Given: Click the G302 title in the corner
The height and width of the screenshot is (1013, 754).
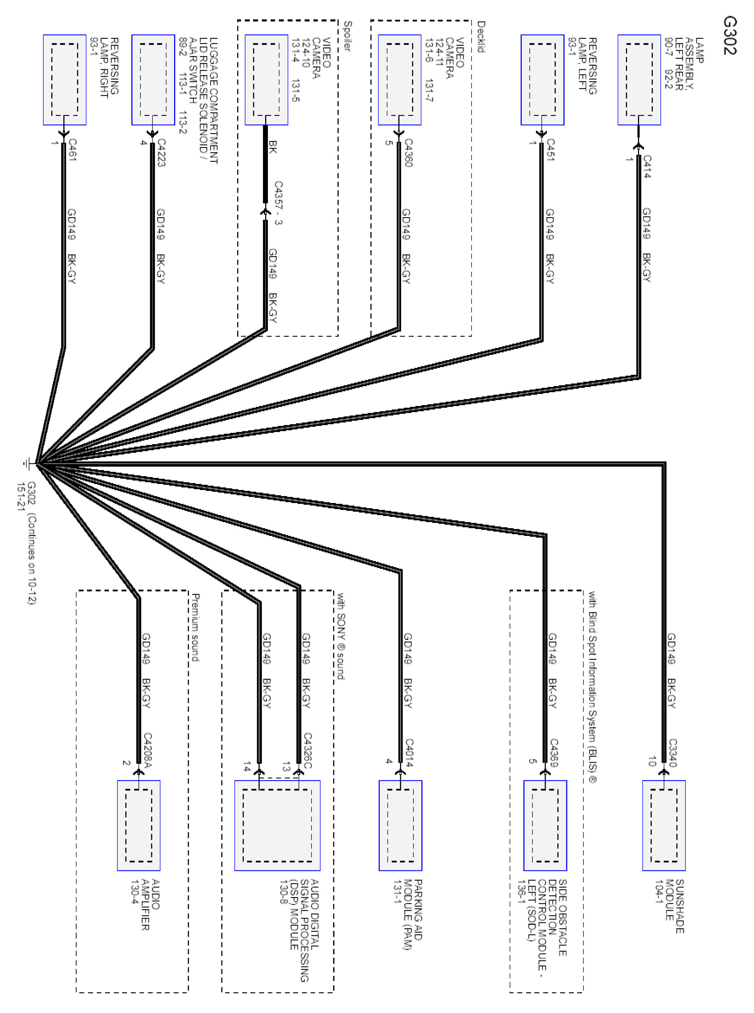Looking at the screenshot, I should click(729, 36).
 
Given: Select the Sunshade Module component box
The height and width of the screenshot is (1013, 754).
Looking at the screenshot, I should click(664, 825).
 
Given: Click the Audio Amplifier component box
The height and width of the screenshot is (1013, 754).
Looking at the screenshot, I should click(139, 825).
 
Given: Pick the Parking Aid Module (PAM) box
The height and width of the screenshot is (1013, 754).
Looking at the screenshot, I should click(400, 825).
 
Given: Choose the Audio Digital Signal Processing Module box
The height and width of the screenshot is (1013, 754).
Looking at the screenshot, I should click(277, 825).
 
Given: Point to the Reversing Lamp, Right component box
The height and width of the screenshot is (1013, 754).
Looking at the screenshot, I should click(65, 80).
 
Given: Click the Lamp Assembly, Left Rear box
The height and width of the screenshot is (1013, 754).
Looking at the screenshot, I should click(639, 80).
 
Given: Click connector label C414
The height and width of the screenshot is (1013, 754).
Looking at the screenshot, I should click(647, 166).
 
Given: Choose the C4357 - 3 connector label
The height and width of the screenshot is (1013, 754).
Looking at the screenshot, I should click(278, 203).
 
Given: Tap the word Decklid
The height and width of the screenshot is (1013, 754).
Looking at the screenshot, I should click(481, 36).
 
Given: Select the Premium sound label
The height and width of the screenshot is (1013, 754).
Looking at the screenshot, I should click(195, 627).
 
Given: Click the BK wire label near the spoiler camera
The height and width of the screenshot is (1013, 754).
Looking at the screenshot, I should click(272, 146).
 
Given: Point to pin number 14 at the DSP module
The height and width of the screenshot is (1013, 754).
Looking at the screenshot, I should click(247, 766).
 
